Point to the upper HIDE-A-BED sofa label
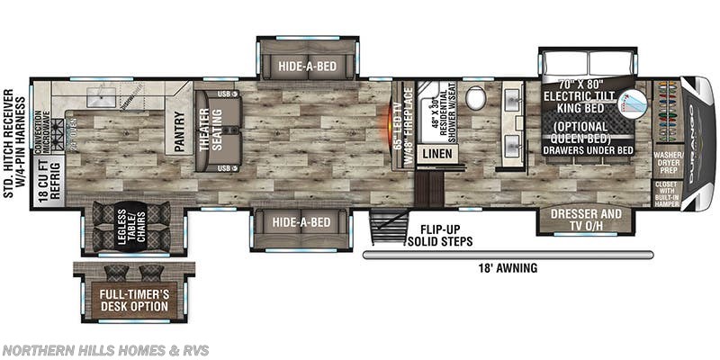coord(309,66)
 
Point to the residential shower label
coord(436,112)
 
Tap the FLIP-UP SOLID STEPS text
coord(441,235)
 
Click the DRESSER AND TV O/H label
coord(585,220)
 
